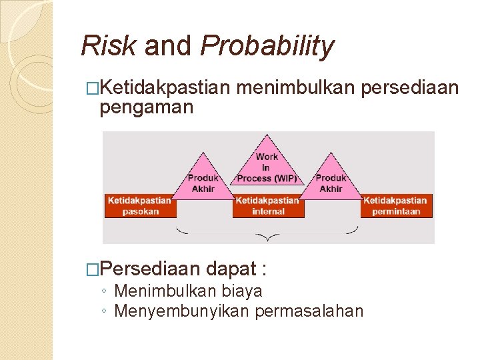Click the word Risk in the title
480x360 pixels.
[108, 46]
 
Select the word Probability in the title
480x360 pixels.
[267, 46]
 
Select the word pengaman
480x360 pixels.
[146, 107]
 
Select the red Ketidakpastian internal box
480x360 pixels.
[268, 205]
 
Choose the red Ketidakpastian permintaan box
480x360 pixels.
[396, 205]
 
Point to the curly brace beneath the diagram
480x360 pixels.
[267, 234]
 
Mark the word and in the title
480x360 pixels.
[167, 46]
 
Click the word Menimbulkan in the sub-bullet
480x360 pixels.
[159, 291]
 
